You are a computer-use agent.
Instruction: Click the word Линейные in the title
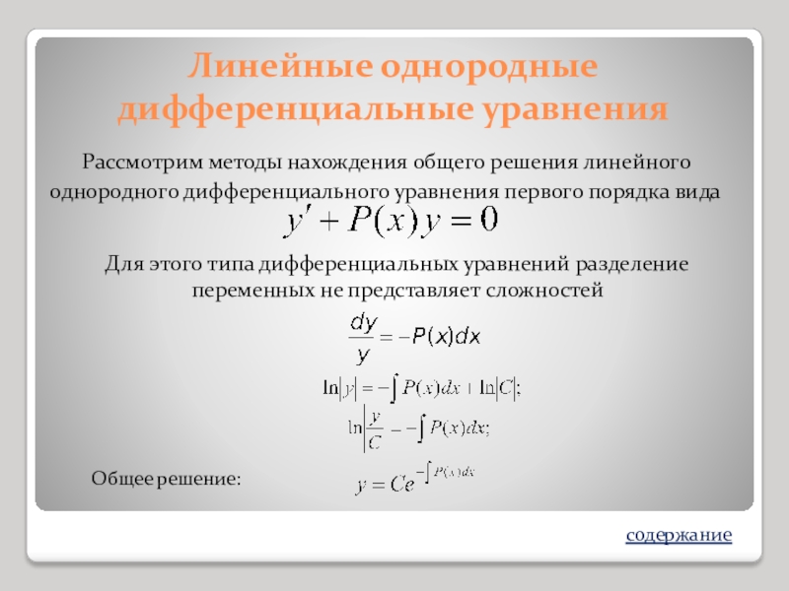tap(280, 65)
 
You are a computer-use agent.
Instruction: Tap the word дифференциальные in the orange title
tap(295, 109)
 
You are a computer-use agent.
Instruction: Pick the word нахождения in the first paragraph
tap(347, 164)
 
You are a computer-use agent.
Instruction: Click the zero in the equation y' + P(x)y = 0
tap(488, 220)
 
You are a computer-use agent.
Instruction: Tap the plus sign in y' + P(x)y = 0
tap(327, 222)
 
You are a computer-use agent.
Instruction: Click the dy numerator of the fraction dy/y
tap(363, 323)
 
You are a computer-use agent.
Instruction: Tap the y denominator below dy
tap(362, 356)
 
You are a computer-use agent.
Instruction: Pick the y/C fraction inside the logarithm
tap(375, 430)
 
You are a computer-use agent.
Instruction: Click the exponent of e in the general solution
tap(446, 473)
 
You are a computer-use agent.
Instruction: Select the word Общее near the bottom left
tap(122, 478)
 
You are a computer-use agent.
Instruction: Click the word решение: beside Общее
tap(199, 479)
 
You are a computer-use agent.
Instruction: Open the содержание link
tap(679, 535)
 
